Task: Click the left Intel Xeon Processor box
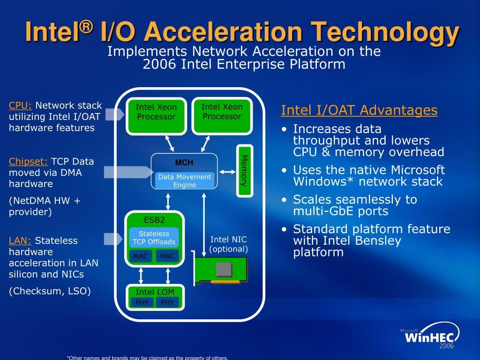click(156, 116)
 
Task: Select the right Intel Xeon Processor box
click(222, 116)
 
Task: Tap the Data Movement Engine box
click(185, 180)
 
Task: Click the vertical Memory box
click(245, 171)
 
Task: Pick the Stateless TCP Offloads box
click(154, 238)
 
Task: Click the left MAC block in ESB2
click(141, 256)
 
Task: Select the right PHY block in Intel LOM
click(167, 302)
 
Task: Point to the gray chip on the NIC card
click(224, 270)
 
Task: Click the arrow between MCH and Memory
click(227, 172)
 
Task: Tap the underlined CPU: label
click(20, 105)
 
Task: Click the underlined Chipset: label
click(28, 162)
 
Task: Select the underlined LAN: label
click(20, 240)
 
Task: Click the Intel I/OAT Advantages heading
click(359, 110)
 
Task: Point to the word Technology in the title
click(385, 32)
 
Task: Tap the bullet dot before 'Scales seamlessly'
click(285, 200)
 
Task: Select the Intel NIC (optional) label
click(228, 244)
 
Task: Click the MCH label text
click(184, 163)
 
